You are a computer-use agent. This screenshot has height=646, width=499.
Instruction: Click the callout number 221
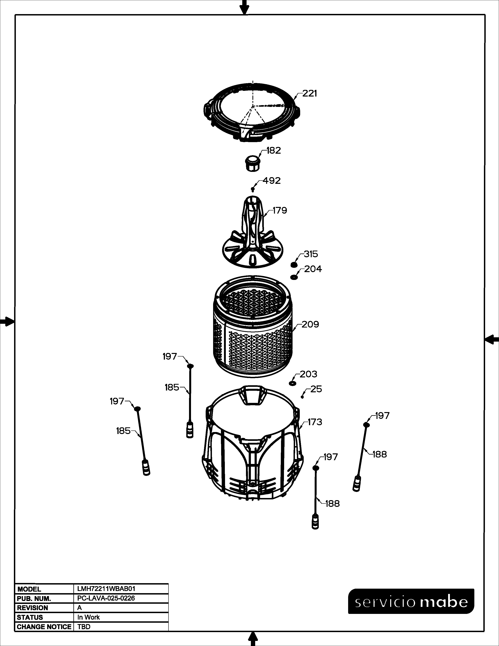pos(310,93)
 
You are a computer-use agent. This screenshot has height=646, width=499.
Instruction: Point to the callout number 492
pos(272,180)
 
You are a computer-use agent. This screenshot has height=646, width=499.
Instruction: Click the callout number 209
pos(310,325)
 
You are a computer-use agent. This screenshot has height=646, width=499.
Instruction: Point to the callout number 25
pos(316,389)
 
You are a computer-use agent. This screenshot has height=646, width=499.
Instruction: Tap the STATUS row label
pos(30,617)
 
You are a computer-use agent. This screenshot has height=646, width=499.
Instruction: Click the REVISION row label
pos(32,608)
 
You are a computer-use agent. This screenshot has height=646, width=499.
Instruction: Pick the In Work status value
pos(89,617)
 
